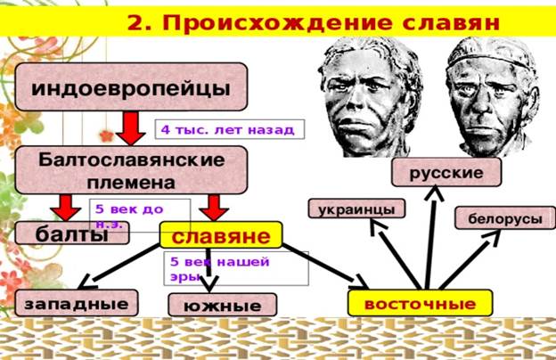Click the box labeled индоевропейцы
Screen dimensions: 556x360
click(x=131, y=87)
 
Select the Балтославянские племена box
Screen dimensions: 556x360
click(x=131, y=170)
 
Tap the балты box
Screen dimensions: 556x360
click(x=72, y=233)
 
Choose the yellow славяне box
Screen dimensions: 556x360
click(x=221, y=234)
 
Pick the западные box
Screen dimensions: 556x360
click(x=77, y=303)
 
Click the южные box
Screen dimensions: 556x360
click(x=223, y=305)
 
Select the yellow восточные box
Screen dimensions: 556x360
click(x=421, y=303)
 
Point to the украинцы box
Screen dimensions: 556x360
click(x=356, y=209)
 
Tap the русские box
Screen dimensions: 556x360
click(x=446, y=172)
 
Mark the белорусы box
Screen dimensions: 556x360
click(x=505, y=217)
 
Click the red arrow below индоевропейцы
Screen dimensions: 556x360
click(x=131, y=128)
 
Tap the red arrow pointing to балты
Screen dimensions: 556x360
click(x=66, y=208)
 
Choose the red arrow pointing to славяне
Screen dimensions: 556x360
click(x=214, y=208)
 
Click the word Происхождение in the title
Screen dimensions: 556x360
click(x=277, y=22)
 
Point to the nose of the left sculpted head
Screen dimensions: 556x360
click(x=355, y=99)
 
